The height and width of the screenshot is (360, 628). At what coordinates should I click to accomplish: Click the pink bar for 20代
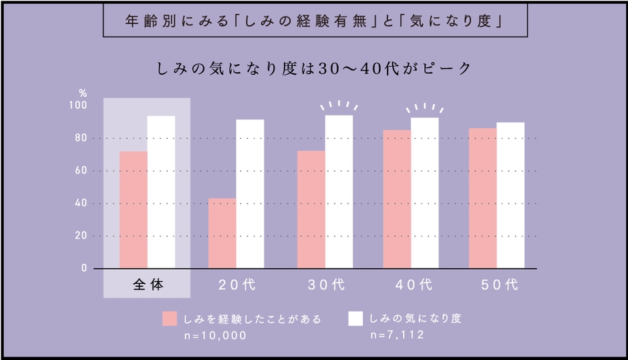pos(222,233)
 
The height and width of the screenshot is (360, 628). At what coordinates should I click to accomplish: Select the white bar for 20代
pos(250,194)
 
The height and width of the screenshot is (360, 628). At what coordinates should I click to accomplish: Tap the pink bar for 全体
pos(133,210)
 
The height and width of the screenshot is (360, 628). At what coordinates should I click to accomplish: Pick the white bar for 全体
pos(161,192)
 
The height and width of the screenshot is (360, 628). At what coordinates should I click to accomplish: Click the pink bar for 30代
pos(311,210)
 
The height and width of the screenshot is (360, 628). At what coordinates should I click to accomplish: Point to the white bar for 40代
pos(424,193)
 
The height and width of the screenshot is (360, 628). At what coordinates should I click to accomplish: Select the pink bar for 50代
pos(482,198)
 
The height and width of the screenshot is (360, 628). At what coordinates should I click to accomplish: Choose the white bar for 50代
pos(510,195)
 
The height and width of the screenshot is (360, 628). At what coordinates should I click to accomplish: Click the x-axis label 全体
pos(147,285)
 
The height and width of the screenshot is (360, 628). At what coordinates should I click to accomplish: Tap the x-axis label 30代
pos(325,285)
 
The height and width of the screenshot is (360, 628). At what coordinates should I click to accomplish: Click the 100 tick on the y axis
pos(79,106)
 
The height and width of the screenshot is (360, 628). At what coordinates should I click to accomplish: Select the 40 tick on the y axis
pos(81,203)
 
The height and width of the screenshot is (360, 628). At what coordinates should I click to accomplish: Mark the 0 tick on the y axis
pos(84,268)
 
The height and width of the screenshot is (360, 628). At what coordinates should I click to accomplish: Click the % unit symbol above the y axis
pos(83,93)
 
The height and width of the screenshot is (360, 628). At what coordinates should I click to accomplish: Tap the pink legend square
pos(170,319)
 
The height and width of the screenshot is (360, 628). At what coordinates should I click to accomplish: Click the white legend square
pos(355,319)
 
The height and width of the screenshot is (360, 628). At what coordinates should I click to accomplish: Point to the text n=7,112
pos(396,335)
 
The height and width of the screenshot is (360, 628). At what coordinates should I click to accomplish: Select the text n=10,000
pos(215,335)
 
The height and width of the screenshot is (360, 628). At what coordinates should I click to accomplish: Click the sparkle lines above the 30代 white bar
pos(338,106)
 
